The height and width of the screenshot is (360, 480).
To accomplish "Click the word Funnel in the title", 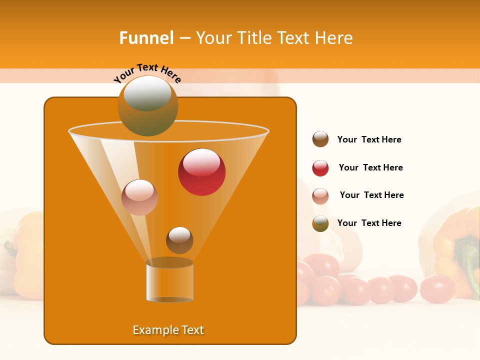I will click(146, 38).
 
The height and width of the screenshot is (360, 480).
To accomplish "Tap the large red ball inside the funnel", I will click(202, 172).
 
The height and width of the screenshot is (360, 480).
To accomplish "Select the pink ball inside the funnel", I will click(139, 197).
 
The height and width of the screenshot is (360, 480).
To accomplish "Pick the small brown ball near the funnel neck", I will click(179, 240).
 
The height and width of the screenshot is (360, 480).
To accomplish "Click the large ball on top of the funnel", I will click(147, 105).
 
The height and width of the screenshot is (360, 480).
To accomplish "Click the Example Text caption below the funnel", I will click(168, 330).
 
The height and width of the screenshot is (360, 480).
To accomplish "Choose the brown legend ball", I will click(320, 139).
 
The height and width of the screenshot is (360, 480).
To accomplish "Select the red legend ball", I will click(320, 168).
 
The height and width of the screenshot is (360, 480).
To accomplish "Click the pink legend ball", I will click(320, 195).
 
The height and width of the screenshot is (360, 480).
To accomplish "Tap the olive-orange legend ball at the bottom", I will click(320, 223).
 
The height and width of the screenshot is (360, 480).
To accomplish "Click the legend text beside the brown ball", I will click(369, 139).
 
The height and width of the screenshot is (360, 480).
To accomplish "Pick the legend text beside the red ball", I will click(370, 167).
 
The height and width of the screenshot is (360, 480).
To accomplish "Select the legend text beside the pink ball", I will click(371, 195).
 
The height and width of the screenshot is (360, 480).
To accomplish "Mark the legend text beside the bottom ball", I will click(369, 223).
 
